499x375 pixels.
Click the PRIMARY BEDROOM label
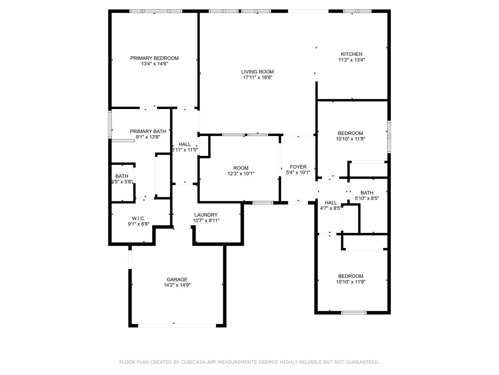(x=154, y=58)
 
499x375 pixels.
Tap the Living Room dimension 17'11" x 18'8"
(x=257, y=77)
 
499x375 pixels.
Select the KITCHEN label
(x=351, y=54)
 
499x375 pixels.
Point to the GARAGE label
(x=177, y=280)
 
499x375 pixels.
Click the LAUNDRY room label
(x=206, y=215)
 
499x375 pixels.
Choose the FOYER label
(x=298, y=167)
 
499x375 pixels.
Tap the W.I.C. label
(x=138, y=218)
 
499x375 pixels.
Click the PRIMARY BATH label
(x=148, y=131)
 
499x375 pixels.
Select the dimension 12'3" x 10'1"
(x=241, y=174)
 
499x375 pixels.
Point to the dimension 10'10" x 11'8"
(x=351, y=139)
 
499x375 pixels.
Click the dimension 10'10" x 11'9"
(x=351, y=282)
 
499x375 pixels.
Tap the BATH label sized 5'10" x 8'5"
(x=367, y=193)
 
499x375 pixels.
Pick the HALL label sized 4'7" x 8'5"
(x=331, y=203)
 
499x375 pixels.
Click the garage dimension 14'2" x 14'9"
(x=177, y=285)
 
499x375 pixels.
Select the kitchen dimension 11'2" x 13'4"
(x=351, y=60)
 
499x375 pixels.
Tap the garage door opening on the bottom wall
(x=177, y=325)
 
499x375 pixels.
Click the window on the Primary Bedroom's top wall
(x=156, y=11)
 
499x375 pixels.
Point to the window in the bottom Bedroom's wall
(x=354, y=312)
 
